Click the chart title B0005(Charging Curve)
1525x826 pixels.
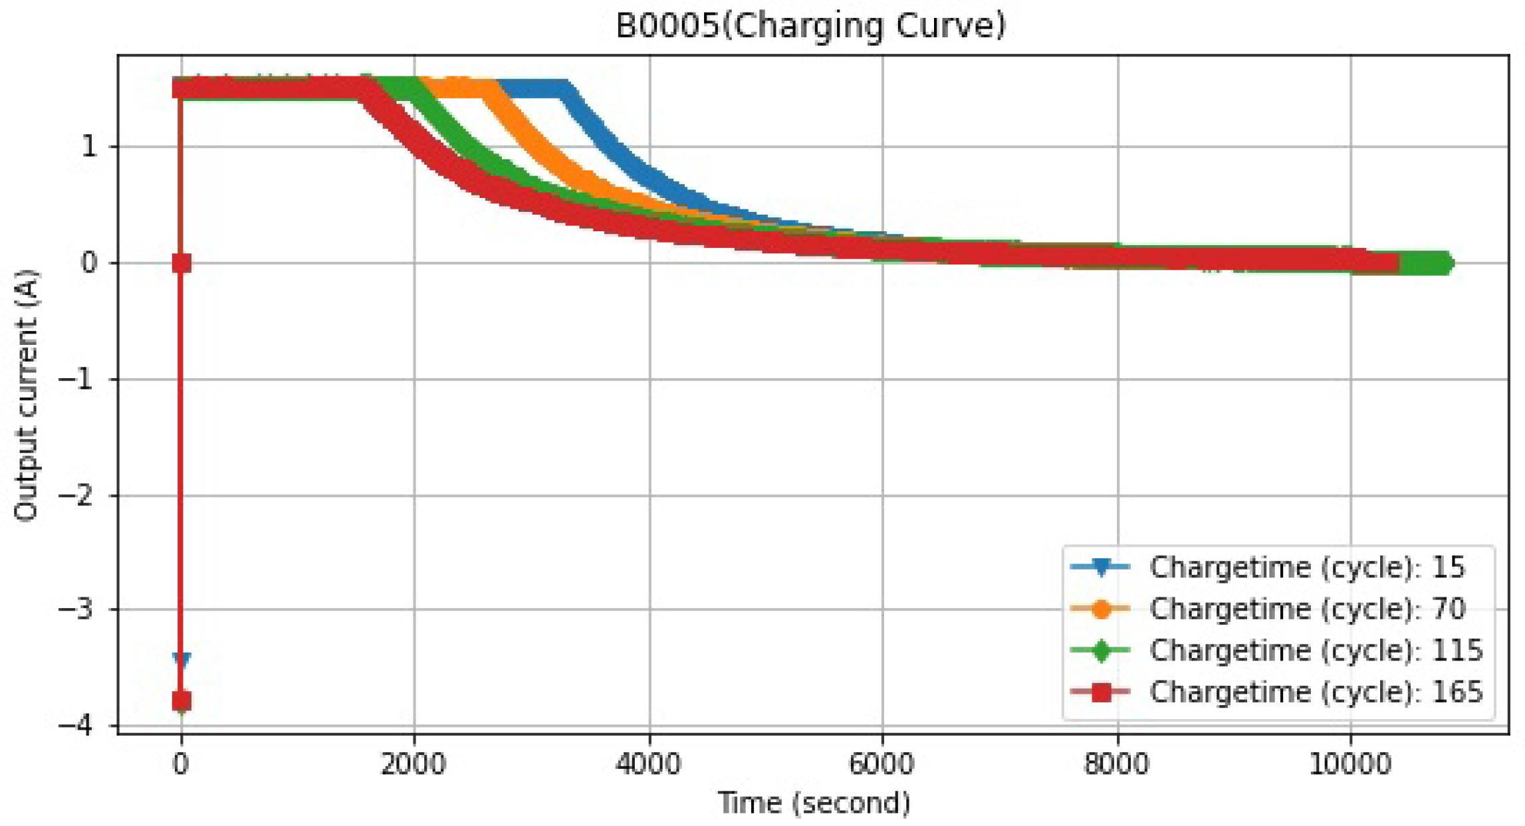point(810,26)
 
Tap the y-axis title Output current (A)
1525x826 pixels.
point(27,395)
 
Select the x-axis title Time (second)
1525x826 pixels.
point(814,803)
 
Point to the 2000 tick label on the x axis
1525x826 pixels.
point(413,764)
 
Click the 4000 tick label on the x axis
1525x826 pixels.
point(648,764)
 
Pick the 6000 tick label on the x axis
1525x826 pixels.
point(882,764)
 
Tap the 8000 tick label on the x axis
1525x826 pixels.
point(1117,764)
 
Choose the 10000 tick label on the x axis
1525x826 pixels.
point(1349,764)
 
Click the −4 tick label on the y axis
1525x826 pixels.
point(78,725)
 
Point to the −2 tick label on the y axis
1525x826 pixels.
point(78,496)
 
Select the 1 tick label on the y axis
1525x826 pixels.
point(89,147)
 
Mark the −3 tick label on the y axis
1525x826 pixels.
point(78,609)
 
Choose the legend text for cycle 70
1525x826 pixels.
point(1307,609)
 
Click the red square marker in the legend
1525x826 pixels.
point(1102,692)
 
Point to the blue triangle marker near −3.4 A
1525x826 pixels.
point(181,659)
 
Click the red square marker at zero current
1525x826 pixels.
point(181,263)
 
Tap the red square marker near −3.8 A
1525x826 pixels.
point(181,700)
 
